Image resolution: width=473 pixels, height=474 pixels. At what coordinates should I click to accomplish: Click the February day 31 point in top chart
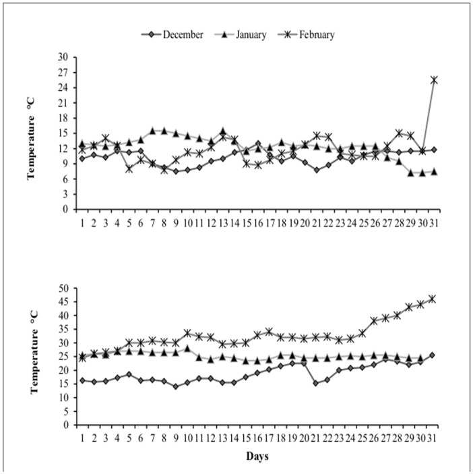tap(434, 80)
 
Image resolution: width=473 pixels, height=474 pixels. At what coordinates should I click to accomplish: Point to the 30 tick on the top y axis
tap(63, 57)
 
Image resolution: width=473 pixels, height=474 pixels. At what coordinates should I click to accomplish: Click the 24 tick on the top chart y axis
tap(63, 87)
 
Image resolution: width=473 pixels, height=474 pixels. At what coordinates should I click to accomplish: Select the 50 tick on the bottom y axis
tap(63, 288)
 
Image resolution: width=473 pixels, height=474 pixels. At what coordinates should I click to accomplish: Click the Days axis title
tap(257, 456)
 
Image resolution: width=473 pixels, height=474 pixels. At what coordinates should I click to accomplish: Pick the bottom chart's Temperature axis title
tap(31, 357)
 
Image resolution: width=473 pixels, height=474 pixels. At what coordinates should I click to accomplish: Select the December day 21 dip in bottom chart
tap(316, 383)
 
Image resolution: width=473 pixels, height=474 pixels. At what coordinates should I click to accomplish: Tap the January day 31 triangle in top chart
tap(434, 171)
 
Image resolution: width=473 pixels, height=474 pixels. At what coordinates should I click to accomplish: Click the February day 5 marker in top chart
tap(129, 169)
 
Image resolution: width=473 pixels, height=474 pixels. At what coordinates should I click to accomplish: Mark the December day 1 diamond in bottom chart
tap(82, 380)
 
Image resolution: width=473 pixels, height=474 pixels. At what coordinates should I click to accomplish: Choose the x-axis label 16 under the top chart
tap(257, 222)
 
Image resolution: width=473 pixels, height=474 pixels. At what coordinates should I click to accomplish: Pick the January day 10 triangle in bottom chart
tap(187, 348)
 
